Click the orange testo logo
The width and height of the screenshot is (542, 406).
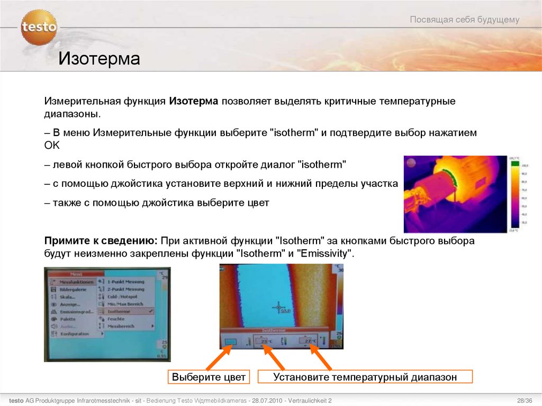pos(39,27)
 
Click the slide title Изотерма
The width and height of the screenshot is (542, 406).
pos(99,58)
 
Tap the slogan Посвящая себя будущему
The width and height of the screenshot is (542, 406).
pos(465,20)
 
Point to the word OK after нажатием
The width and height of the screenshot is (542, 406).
pos(52,145)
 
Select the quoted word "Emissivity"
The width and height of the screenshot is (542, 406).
pos(325,254)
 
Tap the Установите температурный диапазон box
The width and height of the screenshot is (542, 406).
pos(365,377)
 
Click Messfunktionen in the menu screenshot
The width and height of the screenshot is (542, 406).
pos(76,282)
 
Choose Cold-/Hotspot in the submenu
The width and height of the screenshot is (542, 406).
pos(123,297)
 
